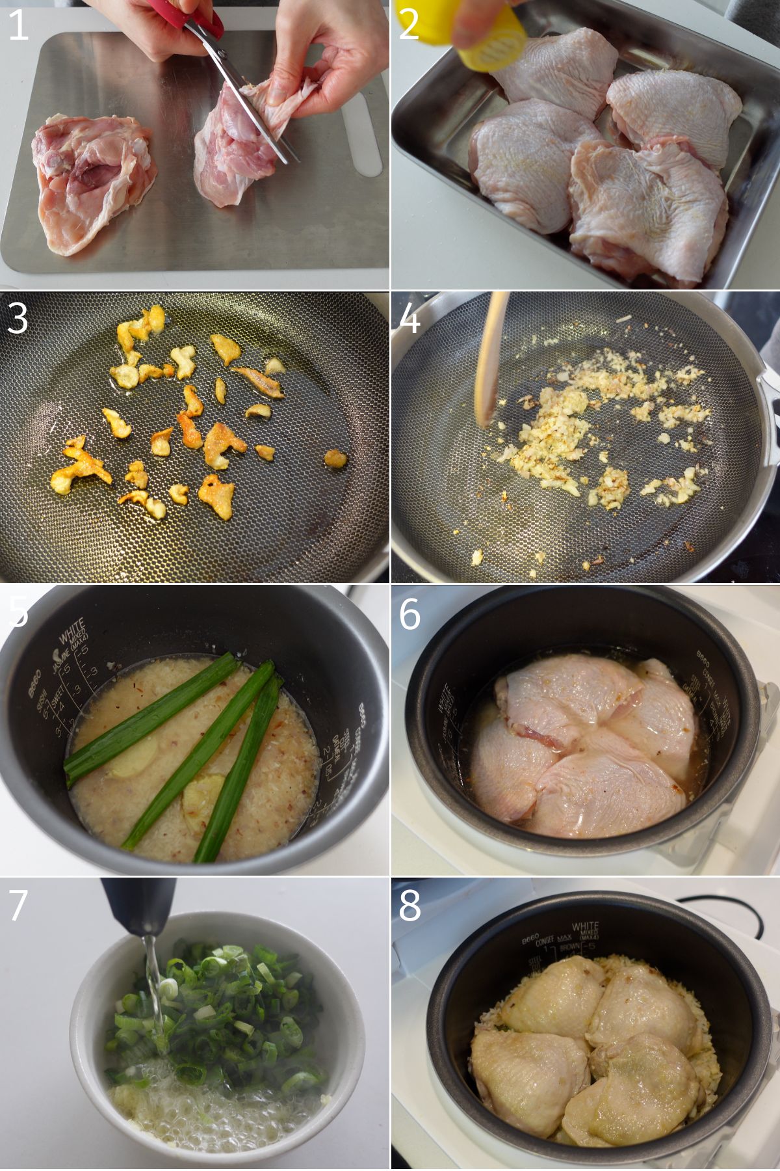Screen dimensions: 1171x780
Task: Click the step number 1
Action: (18, 26)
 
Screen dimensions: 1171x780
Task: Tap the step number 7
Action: (18, 905)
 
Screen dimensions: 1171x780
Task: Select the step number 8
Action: (409, 905)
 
